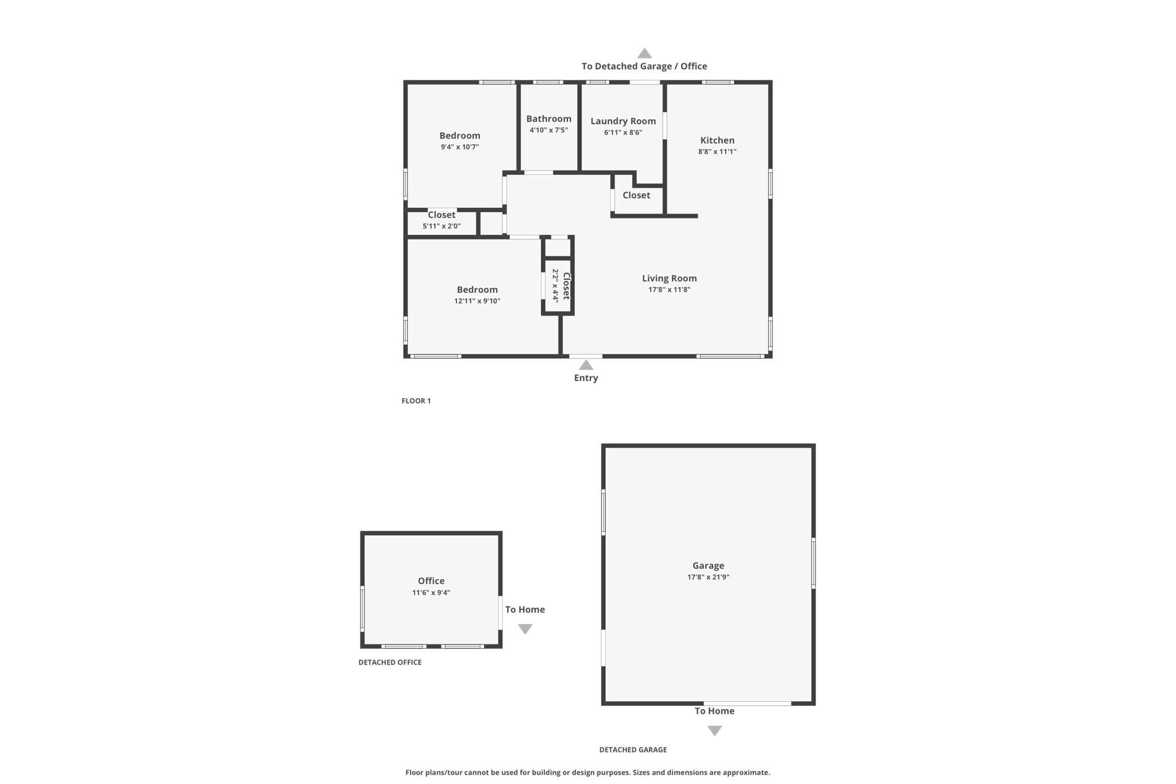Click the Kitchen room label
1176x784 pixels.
pos(717,140)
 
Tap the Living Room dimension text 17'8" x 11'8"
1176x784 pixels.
pos(669,289)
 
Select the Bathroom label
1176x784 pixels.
pos(548,119)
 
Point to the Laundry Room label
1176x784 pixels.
pos(623,121)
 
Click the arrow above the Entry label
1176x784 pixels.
pos(586,365)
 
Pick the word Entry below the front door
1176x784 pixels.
pos(586,378)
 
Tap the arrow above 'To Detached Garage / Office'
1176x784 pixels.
pos(644,53)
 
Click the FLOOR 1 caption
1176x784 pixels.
pos(416,401)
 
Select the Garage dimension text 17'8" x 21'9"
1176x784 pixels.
pos(708,577)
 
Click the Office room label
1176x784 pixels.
pos(431,581)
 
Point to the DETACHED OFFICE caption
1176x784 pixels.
pos(390,662)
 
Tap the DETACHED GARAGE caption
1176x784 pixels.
pos(633,750)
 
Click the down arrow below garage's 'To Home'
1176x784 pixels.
pos(714,731)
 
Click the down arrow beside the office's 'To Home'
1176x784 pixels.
pos(525,629)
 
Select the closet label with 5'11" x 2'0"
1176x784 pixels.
pos(441,215)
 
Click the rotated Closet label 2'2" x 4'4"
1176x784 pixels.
pos(566,286)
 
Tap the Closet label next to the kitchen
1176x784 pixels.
pos(636,195)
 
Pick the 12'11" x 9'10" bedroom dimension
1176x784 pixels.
pos(477,301)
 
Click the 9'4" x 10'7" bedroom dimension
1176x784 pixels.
pos(459,147)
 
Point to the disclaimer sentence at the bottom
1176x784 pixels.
pos(587,773)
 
